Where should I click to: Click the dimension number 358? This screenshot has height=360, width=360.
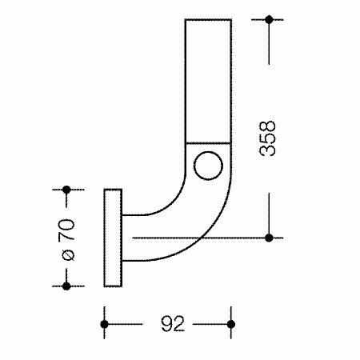pyautogui.click(x=267, y=138)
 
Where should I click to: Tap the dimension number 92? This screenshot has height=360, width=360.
pyautogui.click(x=173, y=324)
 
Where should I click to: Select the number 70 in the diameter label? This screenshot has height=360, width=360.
pyautogui.click(x=66, y=230)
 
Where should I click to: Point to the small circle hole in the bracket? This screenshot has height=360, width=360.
pyautogui.click(x=208, y=166)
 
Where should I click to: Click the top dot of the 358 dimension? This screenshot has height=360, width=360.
pyautogui.click(x=269, y=19)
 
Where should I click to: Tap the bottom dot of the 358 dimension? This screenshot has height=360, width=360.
pyautogui.click(x=269, y=238)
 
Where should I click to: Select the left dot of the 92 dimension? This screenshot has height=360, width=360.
pyautogui.click(x=104, y=324)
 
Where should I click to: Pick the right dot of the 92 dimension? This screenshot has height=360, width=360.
pyautogui.click(x=231, y=324)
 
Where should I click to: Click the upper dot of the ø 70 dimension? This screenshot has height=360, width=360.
pyautogui.click(x=66, y=190)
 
